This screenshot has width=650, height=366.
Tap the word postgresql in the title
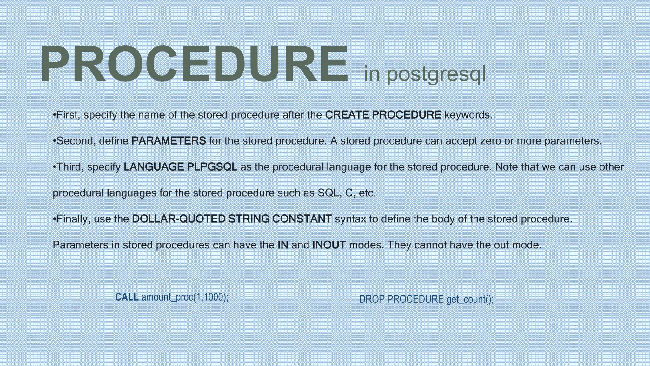coord(436,74)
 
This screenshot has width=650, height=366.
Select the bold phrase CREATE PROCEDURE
coord(383,115)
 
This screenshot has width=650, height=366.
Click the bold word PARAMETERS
coord(169,141)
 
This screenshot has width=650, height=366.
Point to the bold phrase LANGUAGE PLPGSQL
coord(180,167)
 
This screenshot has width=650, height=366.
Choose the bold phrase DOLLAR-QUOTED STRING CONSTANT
coord(232,219)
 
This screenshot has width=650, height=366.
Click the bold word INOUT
coord(329,245)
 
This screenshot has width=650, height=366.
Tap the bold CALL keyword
coord(127,297)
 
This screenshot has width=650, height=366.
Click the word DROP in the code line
coord(372,299)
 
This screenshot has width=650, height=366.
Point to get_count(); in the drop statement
coord(470,299)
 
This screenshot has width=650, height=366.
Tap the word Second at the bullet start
coord(76,141)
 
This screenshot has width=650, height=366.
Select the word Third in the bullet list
coord(70,167)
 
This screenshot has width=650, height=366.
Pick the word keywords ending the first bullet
coord(468,115)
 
